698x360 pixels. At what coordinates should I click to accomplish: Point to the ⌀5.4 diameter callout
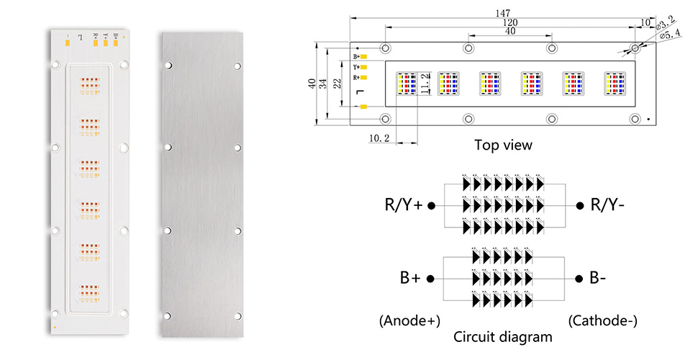670,34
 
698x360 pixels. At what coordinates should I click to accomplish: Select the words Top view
503,145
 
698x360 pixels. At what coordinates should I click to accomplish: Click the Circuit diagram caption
503,336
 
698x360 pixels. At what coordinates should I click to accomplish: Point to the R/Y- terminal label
607,205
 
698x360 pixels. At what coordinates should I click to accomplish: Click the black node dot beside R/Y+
432,205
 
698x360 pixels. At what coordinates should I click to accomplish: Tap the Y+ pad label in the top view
356,67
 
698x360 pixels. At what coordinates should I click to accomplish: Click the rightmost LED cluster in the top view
615,83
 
